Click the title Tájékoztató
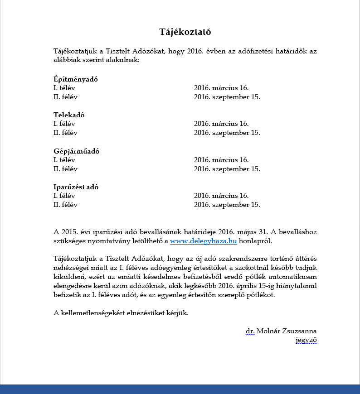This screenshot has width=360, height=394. (x=185, y=32)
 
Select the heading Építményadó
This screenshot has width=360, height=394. (x=76, y=79)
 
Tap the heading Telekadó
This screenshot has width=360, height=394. (x=69, y=115)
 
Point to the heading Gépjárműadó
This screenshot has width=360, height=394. (x=76, y=151)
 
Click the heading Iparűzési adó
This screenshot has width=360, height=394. (x=76, y=187)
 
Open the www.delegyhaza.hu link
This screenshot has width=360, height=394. (x=204, y=241)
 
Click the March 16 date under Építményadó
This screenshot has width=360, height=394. (x=221, y=88)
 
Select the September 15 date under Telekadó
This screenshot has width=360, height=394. (x=227, y=133)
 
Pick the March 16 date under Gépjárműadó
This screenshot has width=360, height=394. (x=221, y=160)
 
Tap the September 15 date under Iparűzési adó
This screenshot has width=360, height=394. (x=227, y=205)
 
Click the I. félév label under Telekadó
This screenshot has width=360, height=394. (x=64, y=124)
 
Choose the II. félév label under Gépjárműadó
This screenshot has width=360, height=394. (x=66, y=169)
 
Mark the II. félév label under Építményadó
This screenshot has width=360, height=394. (x=66, y=97)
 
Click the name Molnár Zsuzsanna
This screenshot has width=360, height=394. (x=287, y=331)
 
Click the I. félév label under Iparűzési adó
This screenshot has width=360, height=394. (x=64, y=196)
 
